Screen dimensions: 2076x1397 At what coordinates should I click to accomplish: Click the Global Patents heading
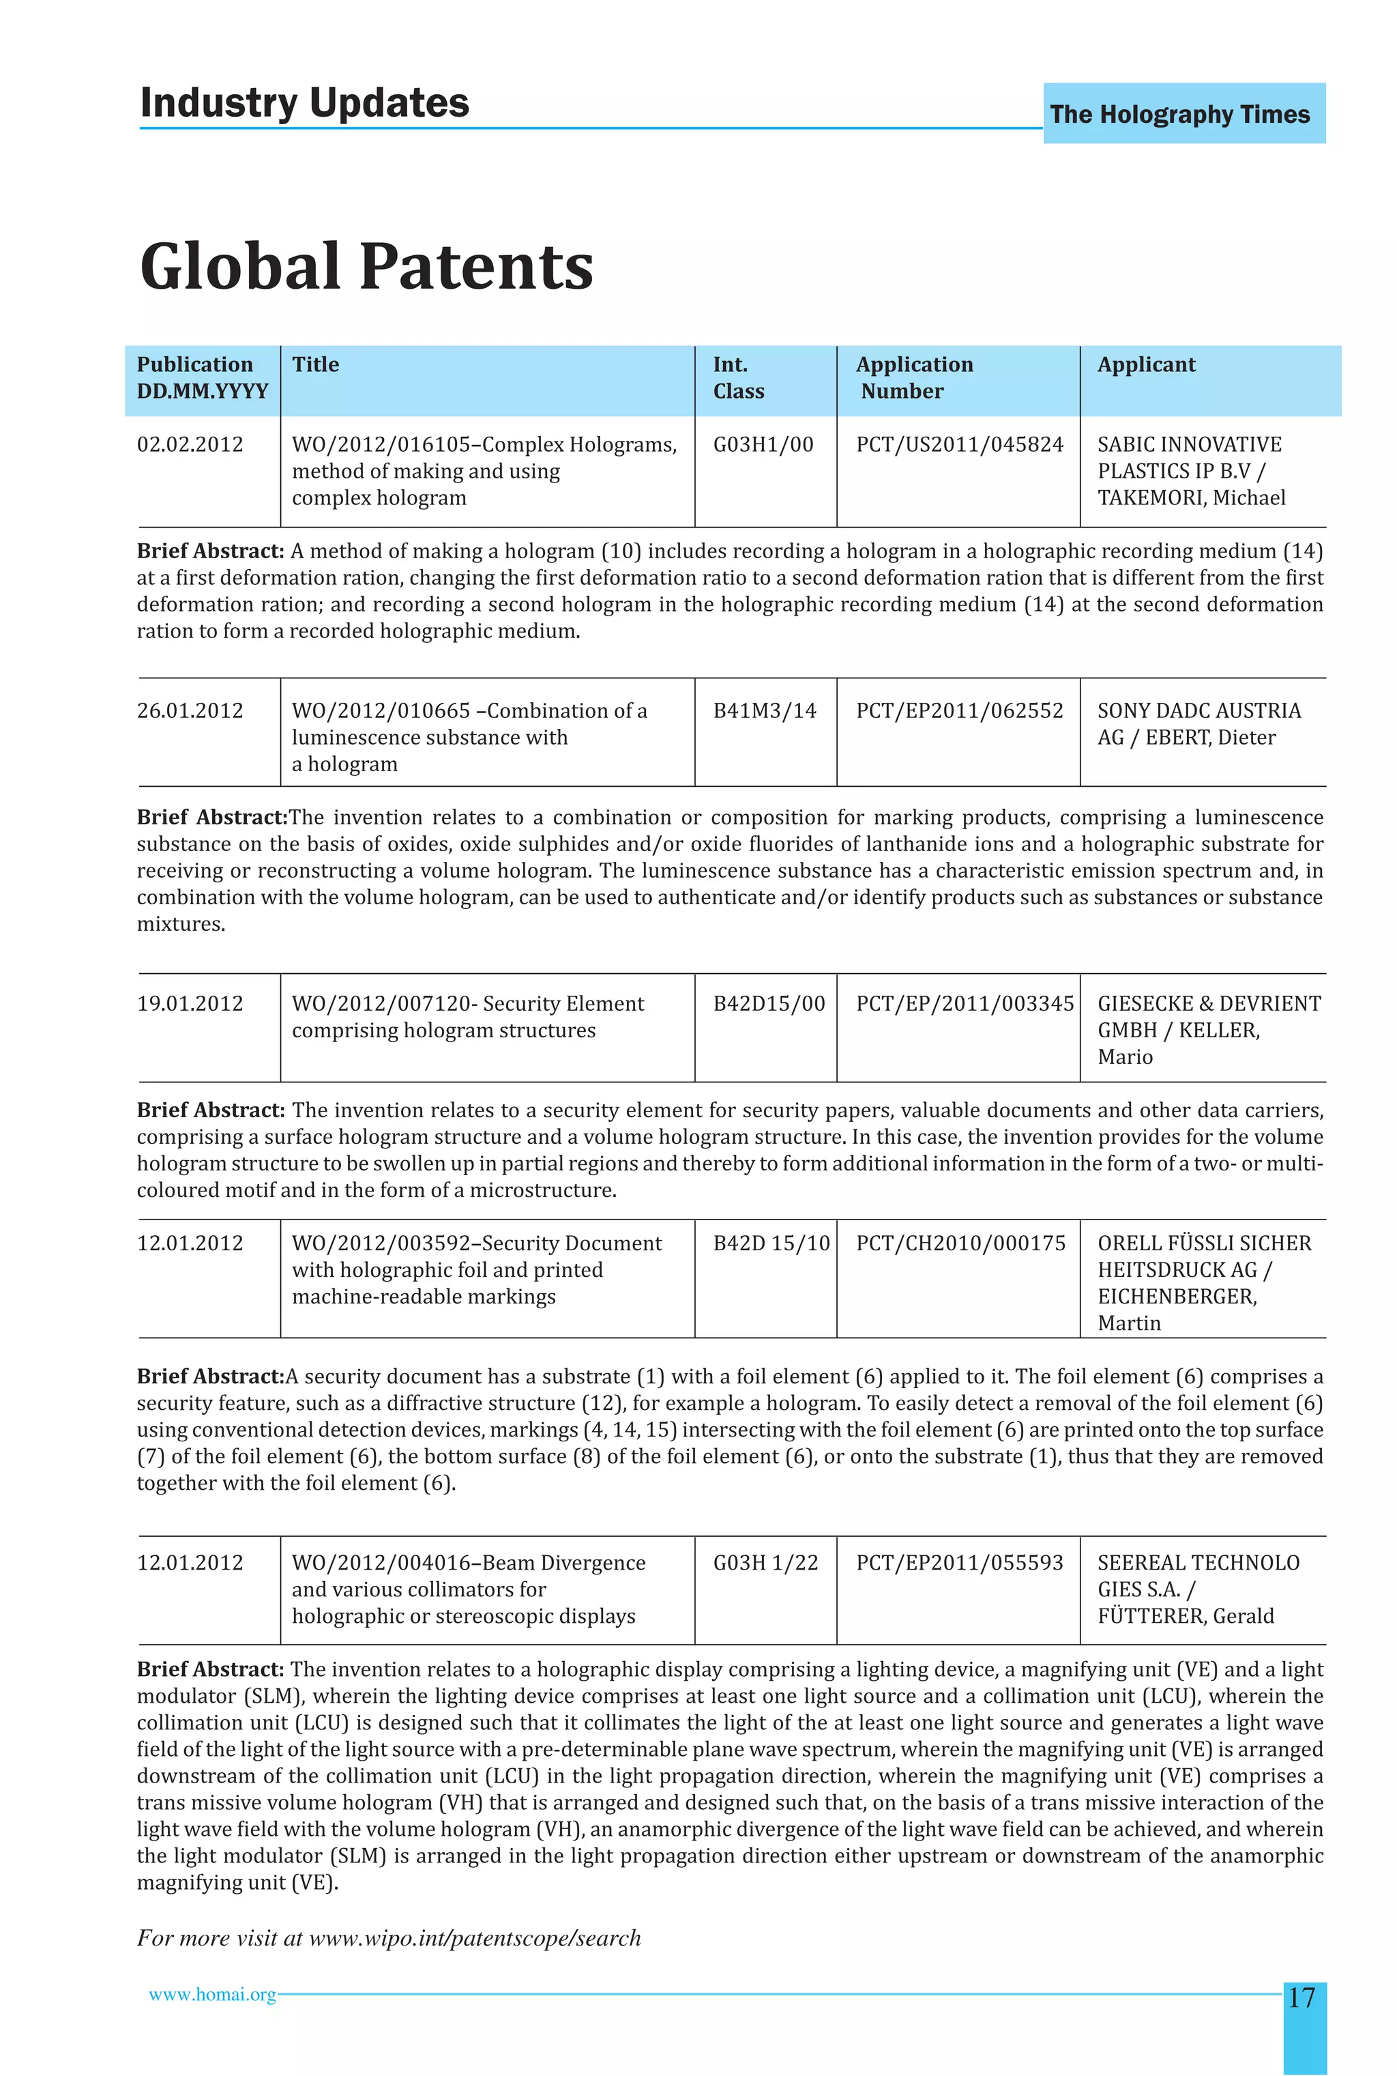coord(366,267)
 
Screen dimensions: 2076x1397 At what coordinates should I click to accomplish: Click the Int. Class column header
coord(739,378)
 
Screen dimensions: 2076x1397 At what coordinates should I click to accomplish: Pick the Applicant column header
coord(1146,364)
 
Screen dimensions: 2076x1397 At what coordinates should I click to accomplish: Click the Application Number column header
coord(914,378)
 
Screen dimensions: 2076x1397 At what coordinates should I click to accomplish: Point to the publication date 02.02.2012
coord(190,445)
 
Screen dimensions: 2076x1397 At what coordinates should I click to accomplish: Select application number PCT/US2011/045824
coord(960,445)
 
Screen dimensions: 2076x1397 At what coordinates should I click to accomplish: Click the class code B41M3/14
coord(765,711)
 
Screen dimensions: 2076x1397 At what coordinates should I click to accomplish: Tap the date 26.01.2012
coord(190,711)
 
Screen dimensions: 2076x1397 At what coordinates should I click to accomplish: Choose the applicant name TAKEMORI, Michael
coord(1191,498)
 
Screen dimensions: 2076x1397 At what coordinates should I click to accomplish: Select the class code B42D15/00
coord(769,1004)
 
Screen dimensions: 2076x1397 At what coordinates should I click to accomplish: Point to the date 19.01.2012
coord(190,1004)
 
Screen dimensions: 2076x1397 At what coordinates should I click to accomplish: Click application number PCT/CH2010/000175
coord(960,1243)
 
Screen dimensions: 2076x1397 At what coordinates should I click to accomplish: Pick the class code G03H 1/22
coord(765,1563)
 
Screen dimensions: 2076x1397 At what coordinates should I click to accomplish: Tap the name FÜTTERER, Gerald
coord(1186,1616)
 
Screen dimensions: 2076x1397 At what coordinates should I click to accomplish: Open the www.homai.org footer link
coord(212,1995)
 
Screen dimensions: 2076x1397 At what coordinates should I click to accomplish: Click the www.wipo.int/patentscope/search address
coord(474,1938)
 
